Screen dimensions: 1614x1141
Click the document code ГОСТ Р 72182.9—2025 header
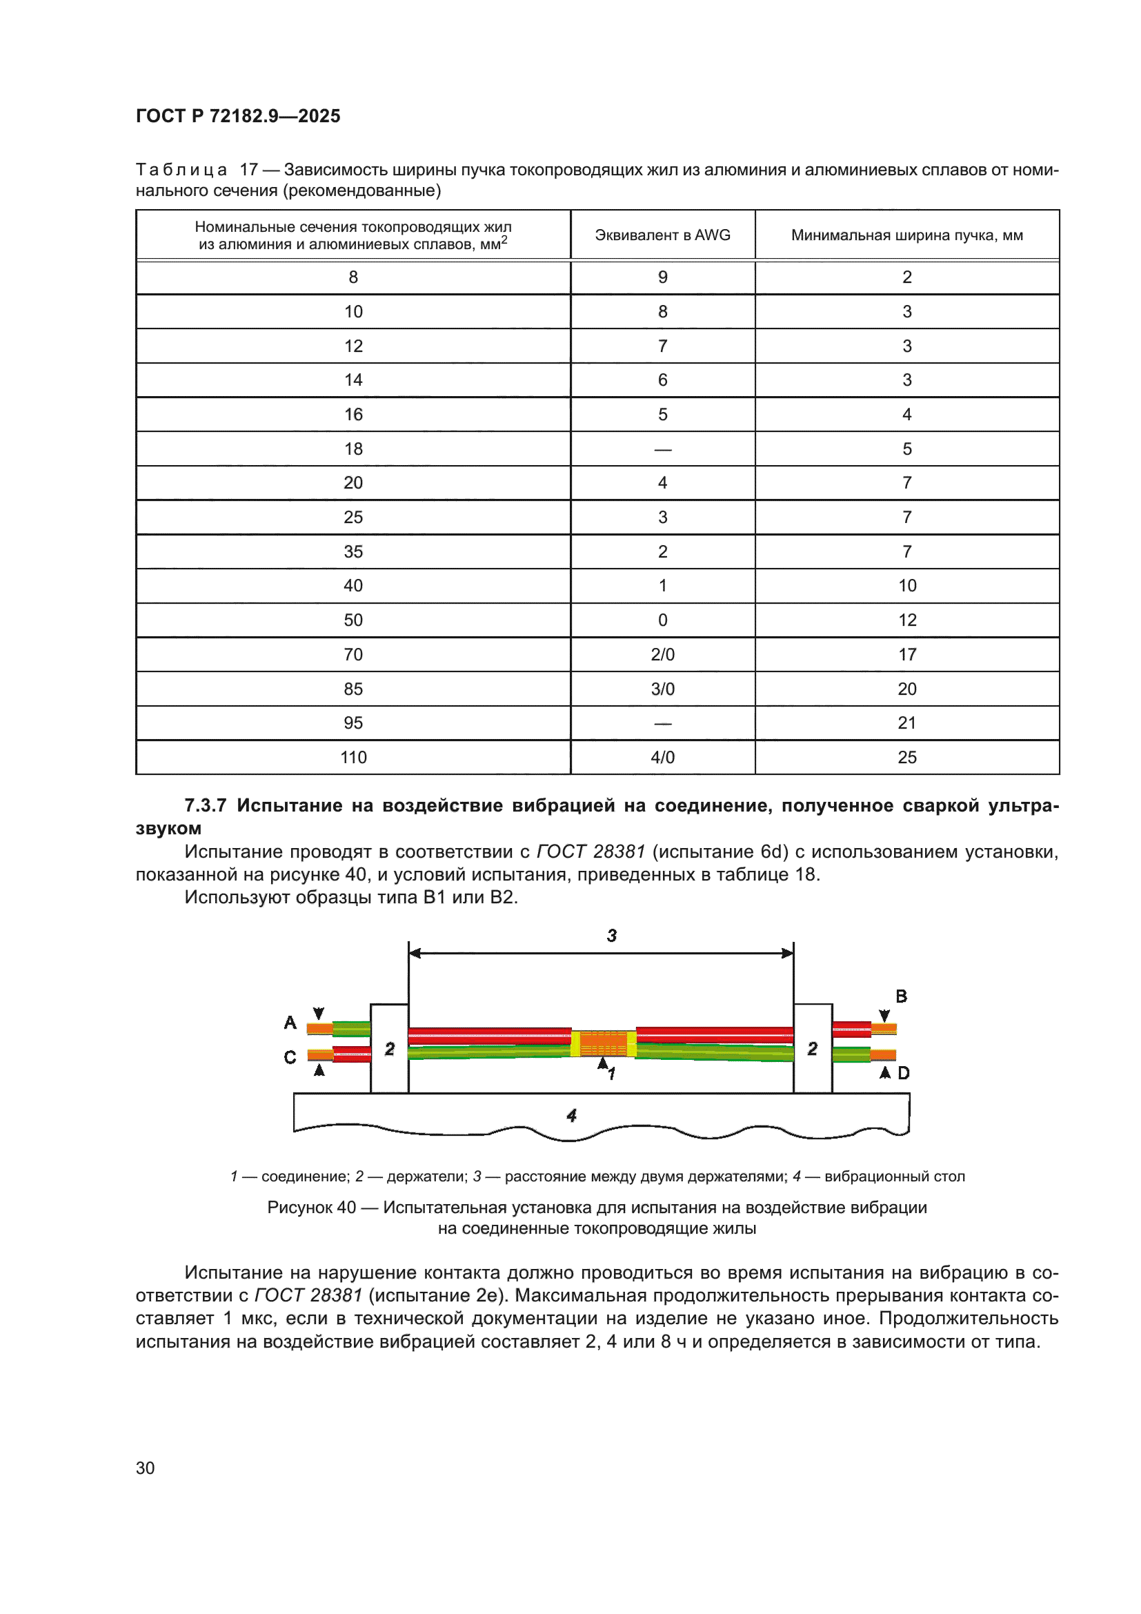(237, 116)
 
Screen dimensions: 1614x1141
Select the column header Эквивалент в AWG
(662, 235)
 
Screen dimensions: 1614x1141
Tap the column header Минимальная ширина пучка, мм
(906, 235)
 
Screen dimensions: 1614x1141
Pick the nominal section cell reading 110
(353, 758)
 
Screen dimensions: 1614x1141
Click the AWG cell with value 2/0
(662, 654)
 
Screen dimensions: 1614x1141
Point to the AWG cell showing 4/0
(662, 758)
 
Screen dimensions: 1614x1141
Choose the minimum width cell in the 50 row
(906, 620)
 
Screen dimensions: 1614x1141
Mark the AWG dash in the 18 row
(662, 449)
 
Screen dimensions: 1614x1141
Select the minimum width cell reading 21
(906, 723)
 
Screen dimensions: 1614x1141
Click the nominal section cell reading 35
(353, 552)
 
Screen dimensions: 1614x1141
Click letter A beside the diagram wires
(290, 1023)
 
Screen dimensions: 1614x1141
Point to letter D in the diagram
(904, 1073)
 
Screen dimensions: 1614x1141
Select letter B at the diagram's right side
(901, 996)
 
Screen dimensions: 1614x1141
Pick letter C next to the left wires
(290, 1057)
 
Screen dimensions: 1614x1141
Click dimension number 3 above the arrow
(611, 936)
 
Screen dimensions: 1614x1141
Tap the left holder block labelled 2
(389, 1049)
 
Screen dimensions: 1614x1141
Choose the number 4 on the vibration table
(571, 1116)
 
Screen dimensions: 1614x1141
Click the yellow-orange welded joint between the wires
(603, 1043)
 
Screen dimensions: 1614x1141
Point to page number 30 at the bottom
(146, 1468)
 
